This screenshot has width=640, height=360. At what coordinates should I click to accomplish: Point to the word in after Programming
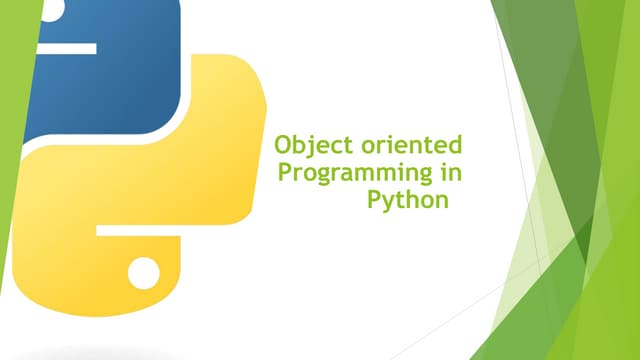click(450, 173)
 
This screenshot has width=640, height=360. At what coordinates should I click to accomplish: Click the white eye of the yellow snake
click(144, 269)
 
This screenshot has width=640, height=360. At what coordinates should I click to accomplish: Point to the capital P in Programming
click(284, 173)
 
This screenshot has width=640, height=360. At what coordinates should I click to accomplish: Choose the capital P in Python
click(374, 198)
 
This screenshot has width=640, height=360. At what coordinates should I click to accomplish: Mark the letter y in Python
click(388, 202)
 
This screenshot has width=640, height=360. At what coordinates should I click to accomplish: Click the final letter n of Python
click(439, 200)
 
